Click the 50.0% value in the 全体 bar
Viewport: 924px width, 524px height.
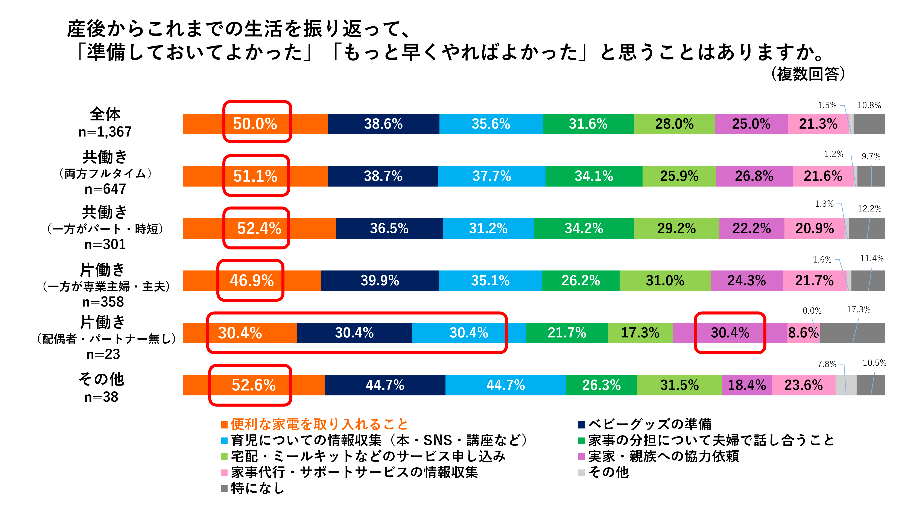point(255,124)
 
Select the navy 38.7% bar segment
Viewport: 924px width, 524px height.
point(383,176)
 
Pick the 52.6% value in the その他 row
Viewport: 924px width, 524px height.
point(254,385)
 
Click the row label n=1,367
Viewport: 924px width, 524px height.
point(105,132)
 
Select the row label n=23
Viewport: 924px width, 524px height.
point(103,354)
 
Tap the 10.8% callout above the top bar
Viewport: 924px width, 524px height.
point(869,105)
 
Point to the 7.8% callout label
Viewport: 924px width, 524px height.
point(827,364)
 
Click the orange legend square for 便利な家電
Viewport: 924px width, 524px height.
point(224,425)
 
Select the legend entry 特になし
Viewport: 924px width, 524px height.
point(253,488)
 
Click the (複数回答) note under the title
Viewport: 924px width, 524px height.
point(808,74)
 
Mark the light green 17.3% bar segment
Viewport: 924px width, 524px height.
point(640,333)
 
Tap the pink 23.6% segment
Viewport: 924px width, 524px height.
point(804,385)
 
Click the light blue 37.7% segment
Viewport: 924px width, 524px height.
point(492,176)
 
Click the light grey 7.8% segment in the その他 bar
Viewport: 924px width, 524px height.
point(846,385)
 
